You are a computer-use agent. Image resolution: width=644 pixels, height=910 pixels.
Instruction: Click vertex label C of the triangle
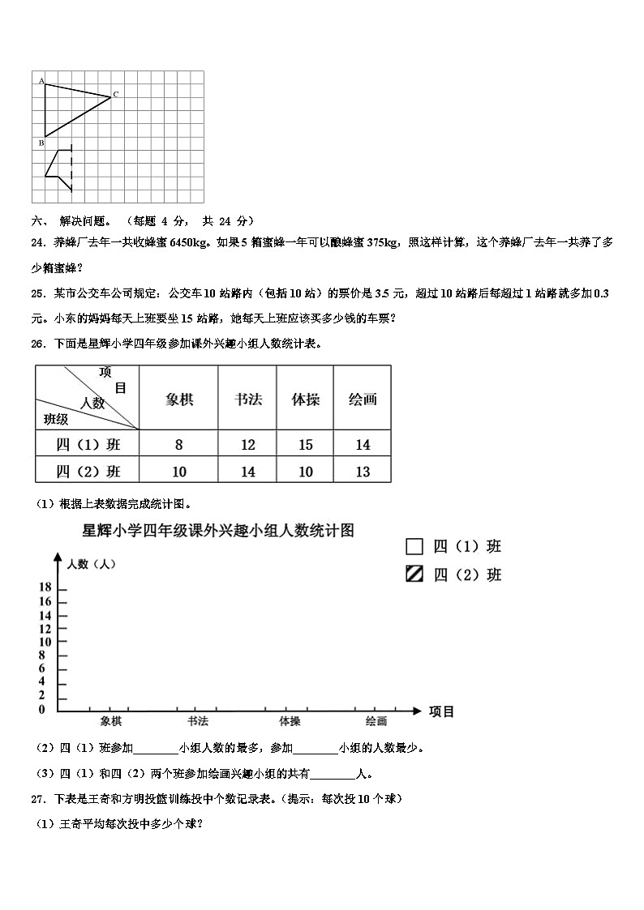[116, 95]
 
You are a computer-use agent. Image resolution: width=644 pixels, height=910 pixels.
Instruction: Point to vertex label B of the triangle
[41, 143]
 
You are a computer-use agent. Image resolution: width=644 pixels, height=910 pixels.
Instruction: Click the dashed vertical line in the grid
[71, 169]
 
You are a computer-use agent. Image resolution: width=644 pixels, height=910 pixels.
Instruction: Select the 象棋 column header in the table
[179, 399]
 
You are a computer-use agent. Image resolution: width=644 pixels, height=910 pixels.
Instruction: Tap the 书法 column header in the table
[248, 399]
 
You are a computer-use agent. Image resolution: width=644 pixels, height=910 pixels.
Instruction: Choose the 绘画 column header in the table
[363, 399]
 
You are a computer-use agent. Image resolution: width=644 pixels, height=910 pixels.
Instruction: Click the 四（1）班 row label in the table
[88, 444]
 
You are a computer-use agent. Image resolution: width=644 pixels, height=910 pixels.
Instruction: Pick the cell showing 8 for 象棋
[179, 444]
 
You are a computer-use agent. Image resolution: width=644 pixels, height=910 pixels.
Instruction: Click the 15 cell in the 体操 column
[306, 444]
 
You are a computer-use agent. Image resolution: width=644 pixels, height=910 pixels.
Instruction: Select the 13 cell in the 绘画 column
[363, 472]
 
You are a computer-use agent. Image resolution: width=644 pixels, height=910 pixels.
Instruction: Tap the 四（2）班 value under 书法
[248, 472]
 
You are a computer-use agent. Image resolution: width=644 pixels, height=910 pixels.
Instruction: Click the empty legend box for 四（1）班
[414, 546]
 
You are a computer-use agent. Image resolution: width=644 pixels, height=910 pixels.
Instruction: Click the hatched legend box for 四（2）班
[414, 575]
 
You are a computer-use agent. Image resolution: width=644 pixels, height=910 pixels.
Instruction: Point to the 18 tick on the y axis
[45, 587]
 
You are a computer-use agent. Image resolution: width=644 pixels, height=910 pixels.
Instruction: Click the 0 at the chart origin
[42, 710]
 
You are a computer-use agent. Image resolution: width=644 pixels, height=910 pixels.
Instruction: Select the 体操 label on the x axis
[290, 721]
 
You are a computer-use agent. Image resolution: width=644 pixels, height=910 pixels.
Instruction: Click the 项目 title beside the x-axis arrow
[441, 711]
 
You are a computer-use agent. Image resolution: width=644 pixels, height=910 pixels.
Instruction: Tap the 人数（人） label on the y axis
[92, 564]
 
